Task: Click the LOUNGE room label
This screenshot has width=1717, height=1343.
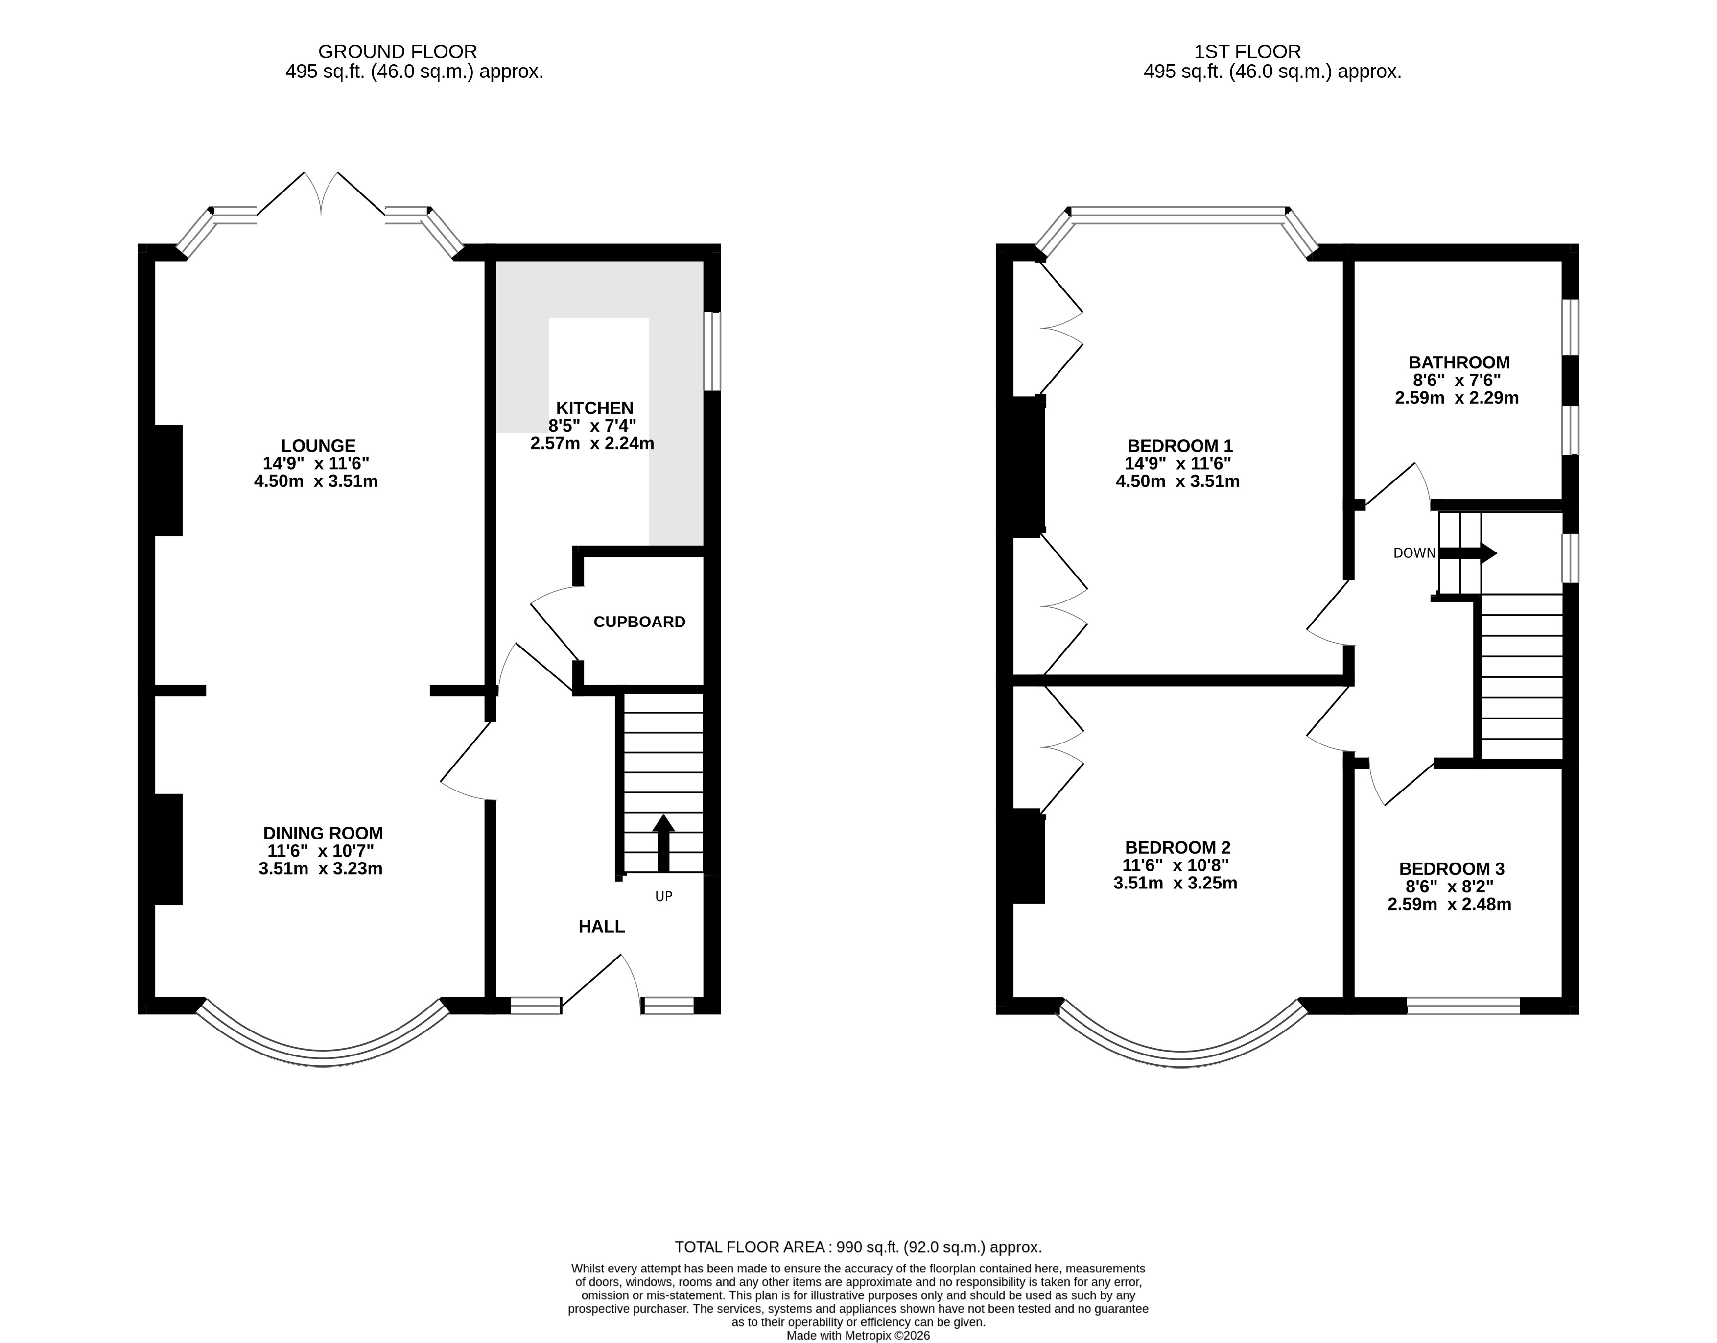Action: [318, 446]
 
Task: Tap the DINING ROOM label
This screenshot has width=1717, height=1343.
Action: [323, 833]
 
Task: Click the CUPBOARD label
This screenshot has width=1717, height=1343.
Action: [639, 622]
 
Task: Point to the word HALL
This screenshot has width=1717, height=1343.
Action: [601, 926]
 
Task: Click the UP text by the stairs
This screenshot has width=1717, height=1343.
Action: [663, 896]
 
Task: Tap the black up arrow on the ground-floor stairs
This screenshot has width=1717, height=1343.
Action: [663, 843]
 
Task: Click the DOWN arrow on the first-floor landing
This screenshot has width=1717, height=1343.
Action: [1467, 553]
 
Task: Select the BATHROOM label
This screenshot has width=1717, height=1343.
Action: [1459, 362]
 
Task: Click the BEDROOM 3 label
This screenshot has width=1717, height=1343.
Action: [1451, 869]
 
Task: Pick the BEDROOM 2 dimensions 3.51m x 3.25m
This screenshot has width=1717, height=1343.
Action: [1176, 883]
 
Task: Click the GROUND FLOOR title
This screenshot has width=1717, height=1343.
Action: [398, 52]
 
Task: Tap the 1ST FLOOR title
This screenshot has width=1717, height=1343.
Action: [1247, 52]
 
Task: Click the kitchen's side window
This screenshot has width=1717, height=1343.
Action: [711, 352]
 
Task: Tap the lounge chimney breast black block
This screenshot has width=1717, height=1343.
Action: [168, 480]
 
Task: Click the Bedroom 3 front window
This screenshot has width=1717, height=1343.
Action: [1463, 1006]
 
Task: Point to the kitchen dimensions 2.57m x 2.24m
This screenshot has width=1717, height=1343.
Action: [592, 443]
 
